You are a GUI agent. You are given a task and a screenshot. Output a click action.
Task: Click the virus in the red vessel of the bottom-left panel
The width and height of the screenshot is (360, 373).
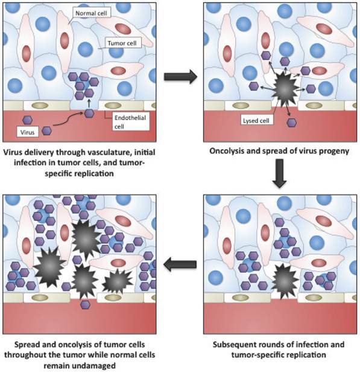[86, 305]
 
